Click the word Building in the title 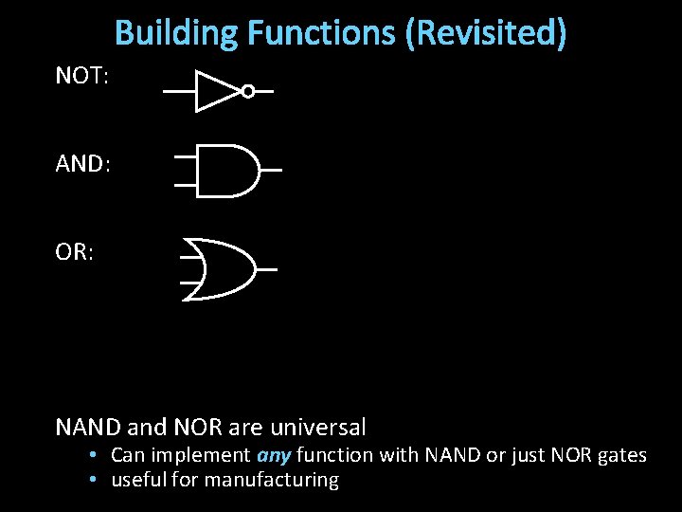point(176,33)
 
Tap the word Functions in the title point(321,33)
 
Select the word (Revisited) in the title point(486,33)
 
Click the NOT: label point(82,77)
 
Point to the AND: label point(82,164)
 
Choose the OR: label point(74,255)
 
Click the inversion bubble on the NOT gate point(248,92)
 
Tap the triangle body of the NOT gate point(215,91)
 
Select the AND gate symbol point(227,171)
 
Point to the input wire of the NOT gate point(179,92)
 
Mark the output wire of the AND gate point(271,171)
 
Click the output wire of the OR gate point(267,269)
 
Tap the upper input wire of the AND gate point(186,156)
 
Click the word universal point(317,428)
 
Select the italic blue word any point(274,456)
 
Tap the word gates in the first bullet point(622,456)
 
